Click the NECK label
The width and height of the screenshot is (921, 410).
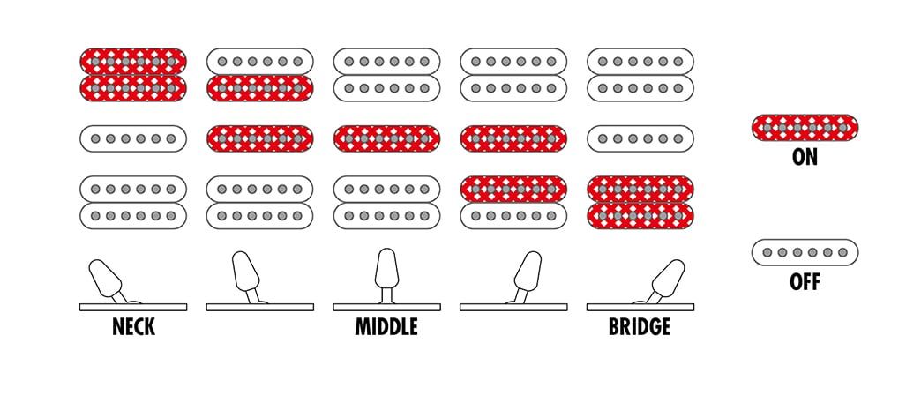tap(133, 326)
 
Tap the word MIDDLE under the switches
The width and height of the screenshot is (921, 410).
tap(386, 326)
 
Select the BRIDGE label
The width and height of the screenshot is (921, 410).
tap(640, 326)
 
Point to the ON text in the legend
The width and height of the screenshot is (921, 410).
tap(805, 157)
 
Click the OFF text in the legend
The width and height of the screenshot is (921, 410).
tap(805, 282)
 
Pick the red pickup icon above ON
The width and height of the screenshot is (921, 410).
tap(805, 128)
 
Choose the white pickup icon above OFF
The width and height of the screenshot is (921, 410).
tap(805, 252)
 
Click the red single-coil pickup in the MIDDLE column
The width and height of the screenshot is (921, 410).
tap(386, 138)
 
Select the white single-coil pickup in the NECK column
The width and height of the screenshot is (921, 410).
tap(133, 138)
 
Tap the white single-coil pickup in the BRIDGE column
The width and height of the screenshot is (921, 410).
tap(640, 138)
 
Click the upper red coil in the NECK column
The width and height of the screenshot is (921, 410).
tap(133, 61)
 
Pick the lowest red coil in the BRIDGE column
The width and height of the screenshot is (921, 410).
tap(640, 215)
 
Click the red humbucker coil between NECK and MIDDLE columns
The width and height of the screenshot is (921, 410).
tap(259, 88)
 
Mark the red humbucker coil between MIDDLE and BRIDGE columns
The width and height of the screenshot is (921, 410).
tap(513, 190)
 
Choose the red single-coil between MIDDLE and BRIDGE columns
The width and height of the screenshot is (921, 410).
tap(513, 138)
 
